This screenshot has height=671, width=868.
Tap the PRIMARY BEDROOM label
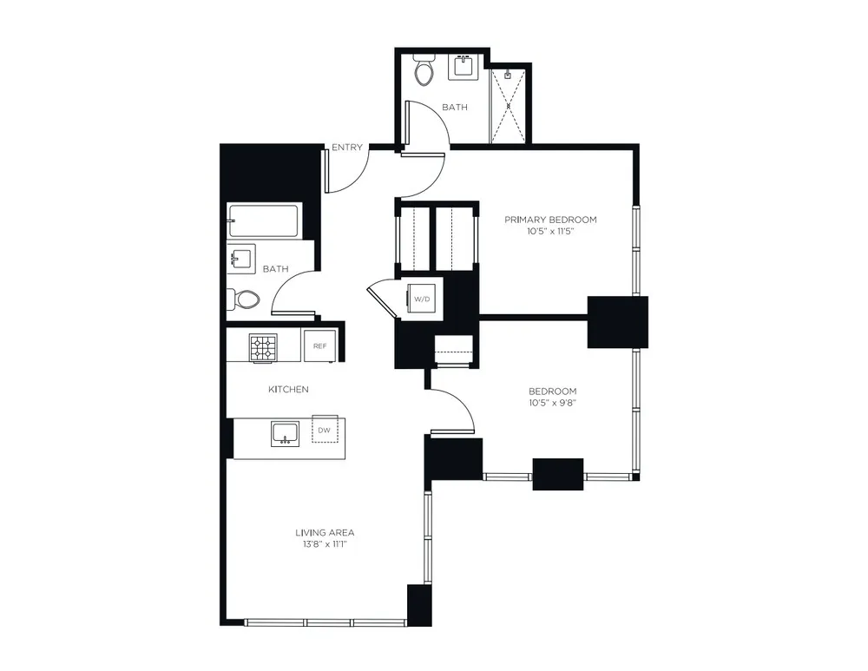click(551, 220)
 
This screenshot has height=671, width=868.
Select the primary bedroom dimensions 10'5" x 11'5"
click(551, 232)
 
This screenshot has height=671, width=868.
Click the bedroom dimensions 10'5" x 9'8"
click(552, 403)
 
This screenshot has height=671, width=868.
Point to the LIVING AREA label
click(325, 532)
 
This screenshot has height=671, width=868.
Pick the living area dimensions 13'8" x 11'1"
click(325, 544)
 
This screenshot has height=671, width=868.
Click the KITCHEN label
click(288, 390)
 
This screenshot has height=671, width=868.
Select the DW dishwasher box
click(324, 430)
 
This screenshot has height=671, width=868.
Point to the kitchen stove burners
click(263, 347)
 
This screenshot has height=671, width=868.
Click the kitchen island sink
click(285, 432)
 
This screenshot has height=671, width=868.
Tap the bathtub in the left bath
click(263, 220)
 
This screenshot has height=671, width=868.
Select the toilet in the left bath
click(244, 299)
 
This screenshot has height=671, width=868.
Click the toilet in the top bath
click(424, 71)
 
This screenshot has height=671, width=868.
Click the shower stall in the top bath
click(509, 104)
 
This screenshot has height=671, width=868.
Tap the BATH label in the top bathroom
click(455, 108)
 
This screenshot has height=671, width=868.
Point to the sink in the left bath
click(241, 259)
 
